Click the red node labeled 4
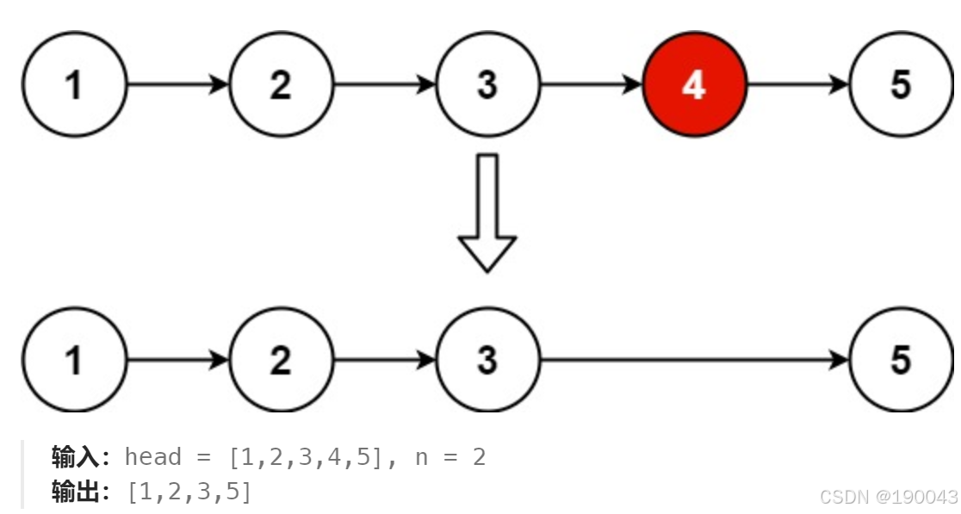click(x=694, y=84)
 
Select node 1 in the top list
click(x=74, y=84)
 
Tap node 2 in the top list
click(x=281, y=84)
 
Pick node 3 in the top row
click(x=487, y=84)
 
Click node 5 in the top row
click(x=901, y=84)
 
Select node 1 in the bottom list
click(x=74, y=360)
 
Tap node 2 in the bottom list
click(x=281, y=360)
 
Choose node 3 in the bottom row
click(x=487, y=360)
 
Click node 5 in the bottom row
click(x=901, y=360)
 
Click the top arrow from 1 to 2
click(x=177, y=84)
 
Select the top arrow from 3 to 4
click(x=591, y=84)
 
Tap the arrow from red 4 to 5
click(x=797, y=84)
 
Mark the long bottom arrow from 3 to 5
click(x=694, y=360)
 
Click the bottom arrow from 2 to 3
click(x=384, y=360)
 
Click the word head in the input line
click(x=152, y=456)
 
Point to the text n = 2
click(x=450, y=457)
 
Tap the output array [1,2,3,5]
click(x=189, y=492)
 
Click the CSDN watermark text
click(x=888, y=497)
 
